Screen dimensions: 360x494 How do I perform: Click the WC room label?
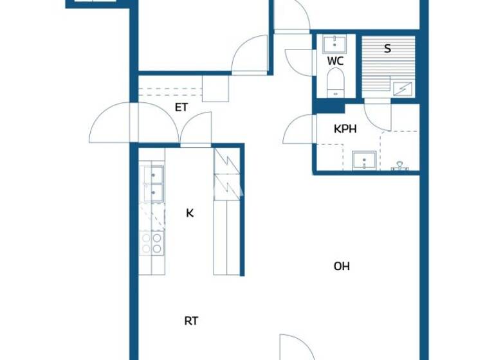coord(335,61)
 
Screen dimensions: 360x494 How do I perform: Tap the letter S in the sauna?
coord(387,48)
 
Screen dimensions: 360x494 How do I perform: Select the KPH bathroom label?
coord(345,129)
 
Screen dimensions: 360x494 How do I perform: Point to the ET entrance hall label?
coord(181,107)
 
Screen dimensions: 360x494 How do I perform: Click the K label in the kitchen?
coord(190,213)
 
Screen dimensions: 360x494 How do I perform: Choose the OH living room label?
coord(342,266)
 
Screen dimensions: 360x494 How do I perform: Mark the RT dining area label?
coord(191,321)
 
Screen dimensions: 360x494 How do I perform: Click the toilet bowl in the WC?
coord(335,84)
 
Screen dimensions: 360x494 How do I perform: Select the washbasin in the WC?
coord(335,44)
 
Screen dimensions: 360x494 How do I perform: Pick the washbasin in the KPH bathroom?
coord(364,159)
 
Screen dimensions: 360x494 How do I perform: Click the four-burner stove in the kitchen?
coord(152,242)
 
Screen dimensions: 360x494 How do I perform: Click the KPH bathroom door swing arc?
coord(297,129)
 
